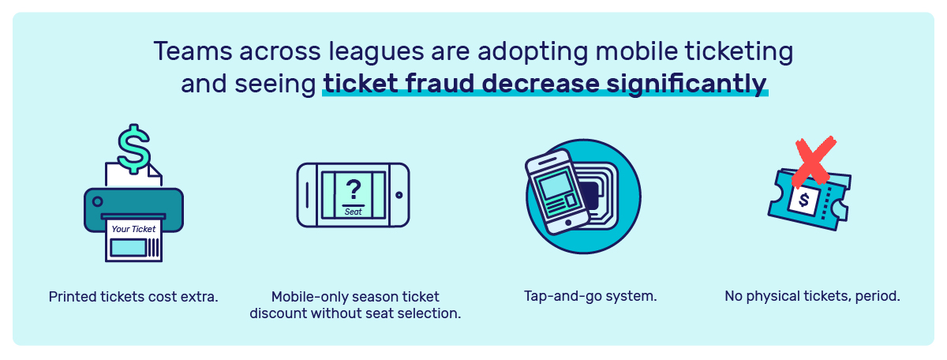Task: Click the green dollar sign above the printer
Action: click(134, 149)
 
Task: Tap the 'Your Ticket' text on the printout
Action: click(133, 229)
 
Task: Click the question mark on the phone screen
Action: click(354, 190)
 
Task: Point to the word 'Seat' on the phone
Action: click(354, 212)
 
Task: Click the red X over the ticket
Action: click(814, 162)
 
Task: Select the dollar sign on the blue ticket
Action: click(803, 200)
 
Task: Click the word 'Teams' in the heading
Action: click(193, 51)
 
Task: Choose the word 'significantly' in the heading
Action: click(687, 84)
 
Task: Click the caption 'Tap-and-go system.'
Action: click(590, 296)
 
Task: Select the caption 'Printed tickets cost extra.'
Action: click(133, 297)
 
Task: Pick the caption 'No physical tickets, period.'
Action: click(812, 296)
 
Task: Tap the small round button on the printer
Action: click(97, 201)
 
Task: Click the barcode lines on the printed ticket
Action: click(154, 247)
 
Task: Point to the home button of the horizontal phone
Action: click(399, 195)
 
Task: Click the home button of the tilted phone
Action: click(568, 223)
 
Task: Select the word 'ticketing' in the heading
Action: click(739, 52)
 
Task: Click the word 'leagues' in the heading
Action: click(376, 52)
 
